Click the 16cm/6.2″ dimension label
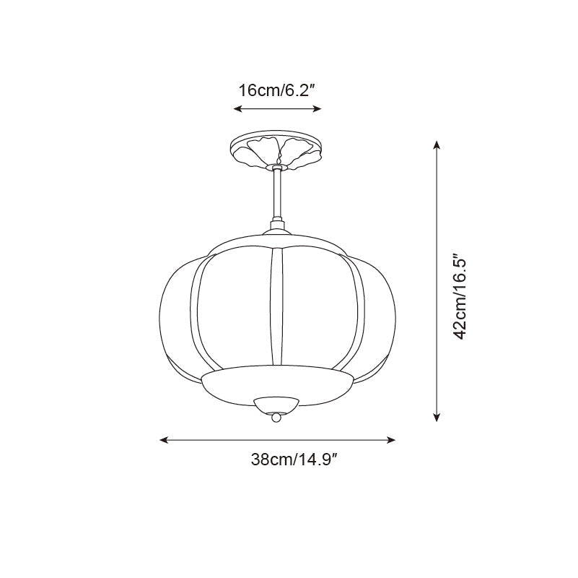pos(278,90)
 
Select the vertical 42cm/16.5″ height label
pos(462,296)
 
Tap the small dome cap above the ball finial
pos(276,403)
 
